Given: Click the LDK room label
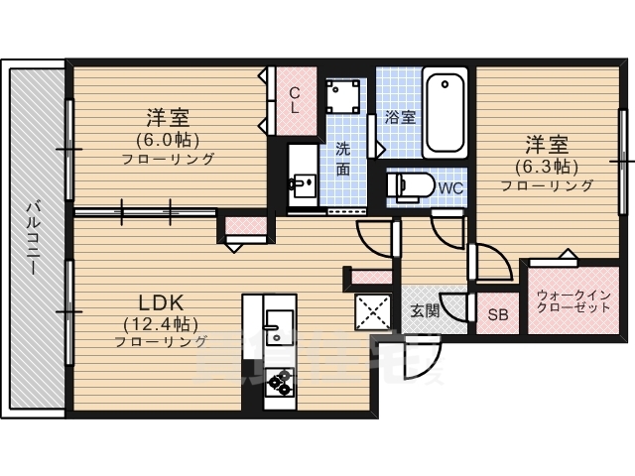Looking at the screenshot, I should pyautogui.click(x=158, y=301).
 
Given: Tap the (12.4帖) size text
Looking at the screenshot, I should pyautogui.click(x=161, y=323).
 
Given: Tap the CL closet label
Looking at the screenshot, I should pyautogui.click(x=295, y=100).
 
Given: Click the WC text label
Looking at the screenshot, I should pyautogui.click(x=450, y=187).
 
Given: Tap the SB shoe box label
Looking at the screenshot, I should pyautogui.click(x=497, y=316).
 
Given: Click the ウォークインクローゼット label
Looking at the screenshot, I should pyautogui.click(x=573, y=301).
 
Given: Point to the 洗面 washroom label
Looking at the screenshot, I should pyautogui.click(x=342, y=159).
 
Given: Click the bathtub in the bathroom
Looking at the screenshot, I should pyautogui.click(x=446, y=114).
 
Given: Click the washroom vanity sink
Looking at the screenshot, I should pyautogui.click(x=302, y=183).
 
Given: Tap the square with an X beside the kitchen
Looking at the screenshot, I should pyautogui.click(x=375, y=313).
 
